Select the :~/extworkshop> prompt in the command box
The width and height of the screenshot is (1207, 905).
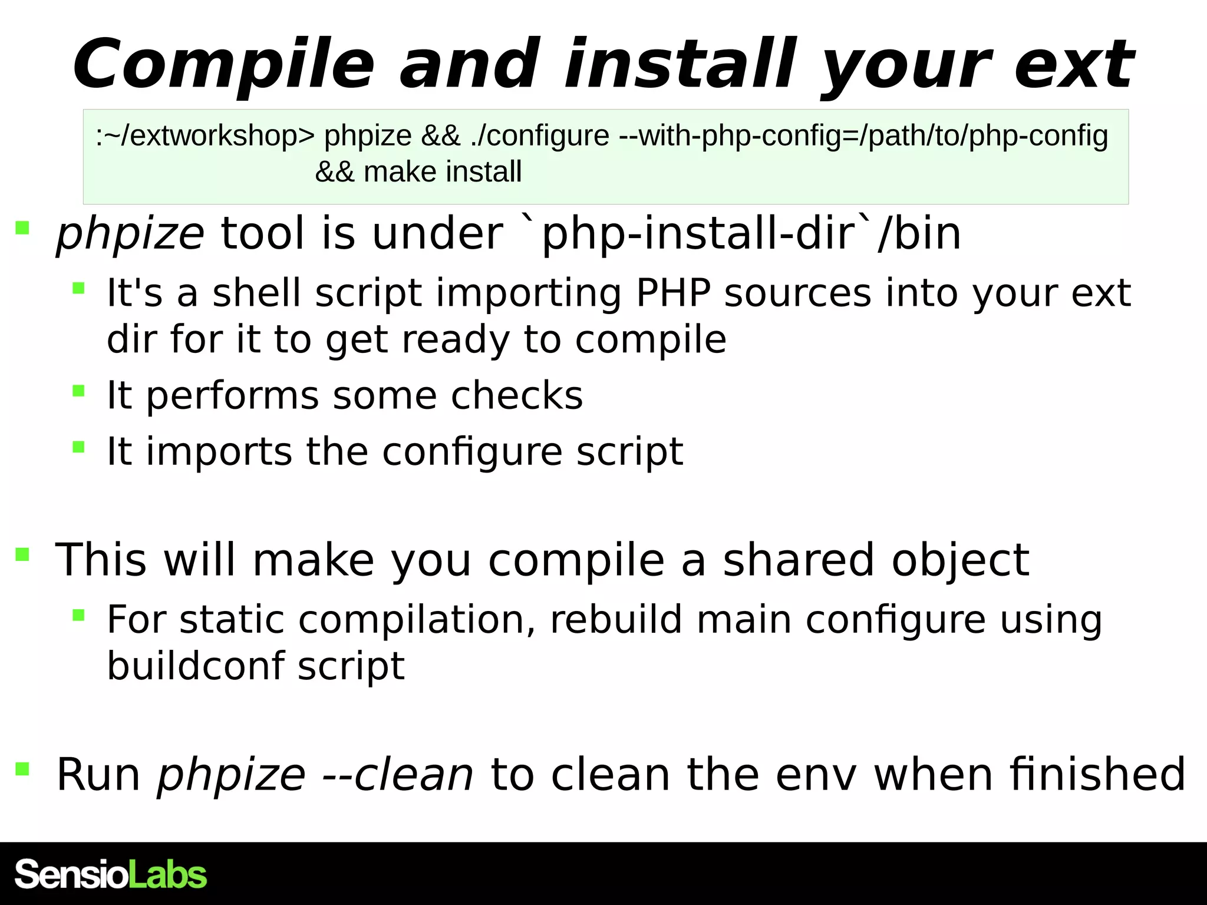point(205,136)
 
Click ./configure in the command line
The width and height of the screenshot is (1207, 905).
point(540,136)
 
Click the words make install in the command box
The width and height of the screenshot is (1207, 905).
point(443,172)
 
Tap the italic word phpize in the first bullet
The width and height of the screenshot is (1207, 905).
point(130,234)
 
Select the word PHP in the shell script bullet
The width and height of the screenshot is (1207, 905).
point(673,293)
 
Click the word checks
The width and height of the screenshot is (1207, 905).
point(517,395)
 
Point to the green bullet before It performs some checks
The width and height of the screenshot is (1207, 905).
point(78,391)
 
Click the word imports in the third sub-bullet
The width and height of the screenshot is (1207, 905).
point(219,452)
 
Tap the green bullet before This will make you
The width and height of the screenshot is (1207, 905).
point(22,554)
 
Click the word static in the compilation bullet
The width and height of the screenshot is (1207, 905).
point(232,620)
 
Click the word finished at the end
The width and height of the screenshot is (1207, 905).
point(1097,775)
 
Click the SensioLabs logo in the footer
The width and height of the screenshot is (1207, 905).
point(111,874)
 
